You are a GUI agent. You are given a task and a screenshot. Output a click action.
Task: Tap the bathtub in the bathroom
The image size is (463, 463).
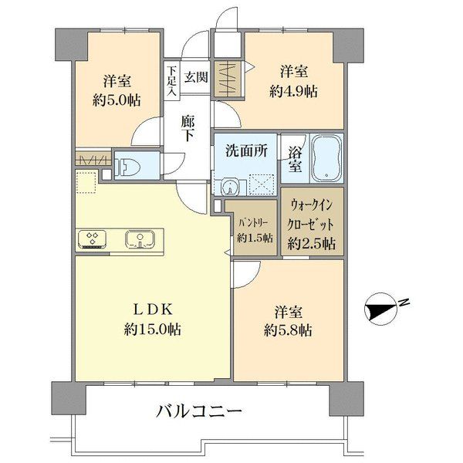[x=326, y=159]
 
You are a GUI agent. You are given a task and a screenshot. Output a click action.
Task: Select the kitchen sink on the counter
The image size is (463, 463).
[x=140, y=239]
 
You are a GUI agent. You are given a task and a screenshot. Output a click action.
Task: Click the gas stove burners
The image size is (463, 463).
[x=92, y=239]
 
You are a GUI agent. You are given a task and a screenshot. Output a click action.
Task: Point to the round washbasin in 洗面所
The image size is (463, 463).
[x=229, y=187]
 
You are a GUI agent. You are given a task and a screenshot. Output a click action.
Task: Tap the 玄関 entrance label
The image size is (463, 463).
[x=196, y=77]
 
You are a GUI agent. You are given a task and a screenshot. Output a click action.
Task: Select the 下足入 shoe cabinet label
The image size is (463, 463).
[x=171, y=80]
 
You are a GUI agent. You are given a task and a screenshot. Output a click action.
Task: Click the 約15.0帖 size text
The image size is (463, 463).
[x=152, y=329]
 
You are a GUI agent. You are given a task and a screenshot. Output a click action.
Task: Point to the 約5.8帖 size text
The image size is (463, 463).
[x=288, y=330]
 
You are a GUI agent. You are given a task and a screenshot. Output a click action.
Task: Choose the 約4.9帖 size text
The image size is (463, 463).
[x=294, y=91]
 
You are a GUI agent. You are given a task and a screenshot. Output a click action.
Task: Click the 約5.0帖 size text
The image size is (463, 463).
[x=117, y=100]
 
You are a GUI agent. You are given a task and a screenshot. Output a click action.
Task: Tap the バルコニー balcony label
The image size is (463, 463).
[x=199, y=411]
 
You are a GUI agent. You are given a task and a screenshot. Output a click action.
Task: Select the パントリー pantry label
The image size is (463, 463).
[x=253, y=222]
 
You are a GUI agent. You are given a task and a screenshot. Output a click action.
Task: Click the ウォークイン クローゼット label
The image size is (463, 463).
[x=311, y=215]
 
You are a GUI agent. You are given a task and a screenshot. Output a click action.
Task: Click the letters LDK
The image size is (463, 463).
[x=153, y=309]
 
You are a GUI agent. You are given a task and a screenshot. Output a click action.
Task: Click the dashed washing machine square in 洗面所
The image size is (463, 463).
[x=262, y=184]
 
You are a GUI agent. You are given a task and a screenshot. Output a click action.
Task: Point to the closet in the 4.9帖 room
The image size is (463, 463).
[x=228, y=79]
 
